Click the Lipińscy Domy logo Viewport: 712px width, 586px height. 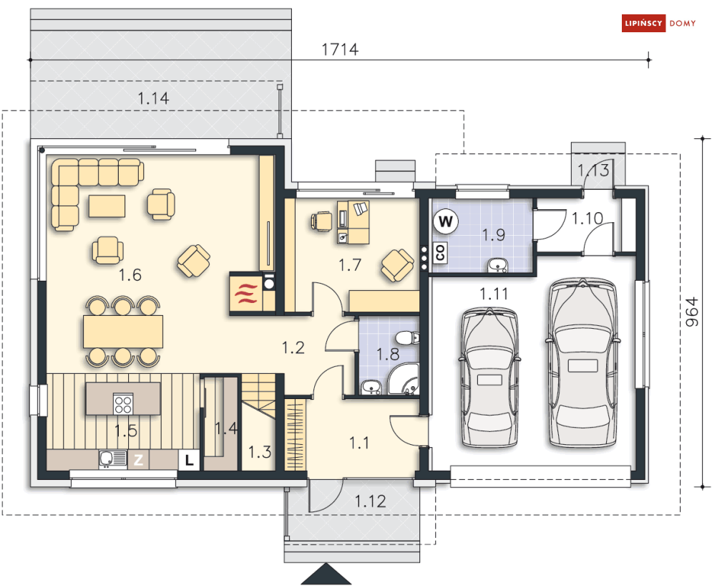pos(658,23)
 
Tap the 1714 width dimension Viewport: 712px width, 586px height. pos(340,49)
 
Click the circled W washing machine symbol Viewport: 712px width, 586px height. pos(446,221)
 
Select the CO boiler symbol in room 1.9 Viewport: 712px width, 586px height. pos(440,252)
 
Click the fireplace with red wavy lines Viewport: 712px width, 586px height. pos(246,294)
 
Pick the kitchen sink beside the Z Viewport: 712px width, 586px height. pos(113,459)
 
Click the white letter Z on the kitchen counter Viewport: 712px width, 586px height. pos(139,460)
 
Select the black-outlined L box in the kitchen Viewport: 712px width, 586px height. pos(189,460)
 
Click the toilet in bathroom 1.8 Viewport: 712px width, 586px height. pos(407,338)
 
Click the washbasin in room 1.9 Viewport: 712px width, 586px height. pos(498,265)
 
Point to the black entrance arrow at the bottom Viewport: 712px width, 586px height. pos(326,575)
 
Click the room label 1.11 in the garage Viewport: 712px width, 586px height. pos(494,294)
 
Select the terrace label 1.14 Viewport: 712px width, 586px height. pos(153,98)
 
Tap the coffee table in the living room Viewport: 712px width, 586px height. pos(107,206)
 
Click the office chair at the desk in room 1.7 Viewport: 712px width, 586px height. pos(321,221)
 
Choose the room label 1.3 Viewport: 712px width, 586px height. pos(259,452)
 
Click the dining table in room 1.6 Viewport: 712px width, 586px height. pos(123,332)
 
